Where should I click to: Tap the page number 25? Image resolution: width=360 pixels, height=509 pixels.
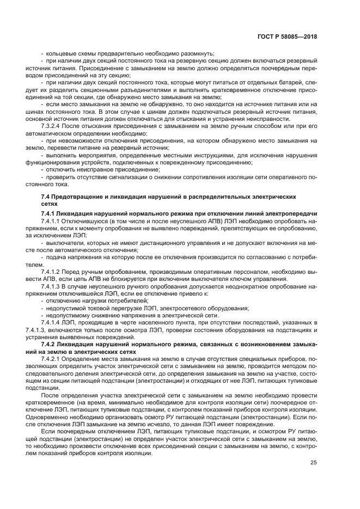click(x=313, y=463)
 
